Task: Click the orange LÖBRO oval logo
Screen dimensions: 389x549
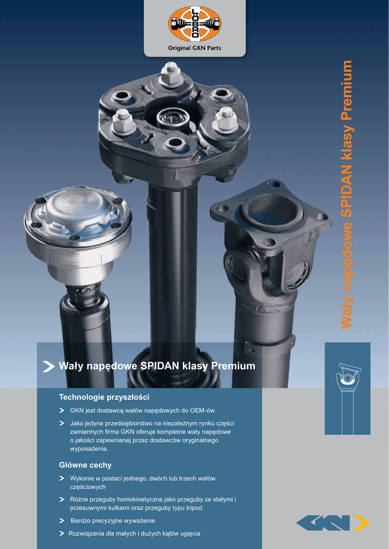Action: point(194,24)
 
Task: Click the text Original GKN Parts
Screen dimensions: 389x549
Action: point(194,48)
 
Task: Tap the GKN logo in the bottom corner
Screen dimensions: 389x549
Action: point(333,523)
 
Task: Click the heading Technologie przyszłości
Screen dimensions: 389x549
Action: point(104,397)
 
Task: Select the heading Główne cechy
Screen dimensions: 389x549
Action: point(85,465)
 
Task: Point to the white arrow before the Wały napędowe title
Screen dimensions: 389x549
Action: point(48,366)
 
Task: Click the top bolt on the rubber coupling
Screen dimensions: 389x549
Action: point(171,74)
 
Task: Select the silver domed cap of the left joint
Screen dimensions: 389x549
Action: point(78,210)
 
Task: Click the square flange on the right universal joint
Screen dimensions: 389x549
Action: point(271,211)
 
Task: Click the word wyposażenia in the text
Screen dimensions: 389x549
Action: point(89,449)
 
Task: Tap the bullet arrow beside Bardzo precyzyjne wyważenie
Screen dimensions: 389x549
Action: point(62,521)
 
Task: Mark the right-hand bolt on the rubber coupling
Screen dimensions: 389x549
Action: point(224,119)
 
